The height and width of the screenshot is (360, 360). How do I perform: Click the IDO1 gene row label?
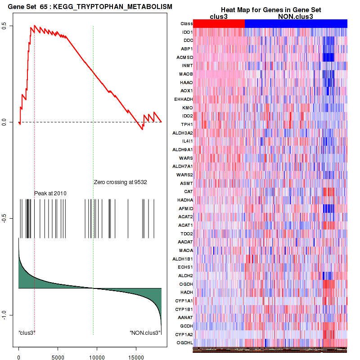(187, 32)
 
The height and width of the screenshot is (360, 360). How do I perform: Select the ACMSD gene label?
(185, 57)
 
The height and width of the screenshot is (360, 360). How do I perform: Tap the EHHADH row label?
(183, 99)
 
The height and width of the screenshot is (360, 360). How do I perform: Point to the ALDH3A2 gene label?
(182, 133)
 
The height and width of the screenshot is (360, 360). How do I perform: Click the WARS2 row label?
(185, 175)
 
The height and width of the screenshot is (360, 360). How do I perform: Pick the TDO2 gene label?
(187, 234)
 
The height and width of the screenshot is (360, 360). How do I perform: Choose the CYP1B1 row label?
(184, 309)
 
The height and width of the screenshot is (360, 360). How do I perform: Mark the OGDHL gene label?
(185, 343)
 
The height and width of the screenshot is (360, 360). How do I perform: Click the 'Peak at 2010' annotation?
(50, 193)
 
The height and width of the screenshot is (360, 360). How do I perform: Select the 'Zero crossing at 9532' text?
(121, 182)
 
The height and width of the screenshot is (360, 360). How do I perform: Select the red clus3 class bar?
(219, 23)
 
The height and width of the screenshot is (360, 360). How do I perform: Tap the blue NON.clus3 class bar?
(296, 23)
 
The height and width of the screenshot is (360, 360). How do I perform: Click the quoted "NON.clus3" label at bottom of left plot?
(145, 333)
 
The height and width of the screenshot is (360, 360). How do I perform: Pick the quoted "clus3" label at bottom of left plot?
(27, 333)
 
